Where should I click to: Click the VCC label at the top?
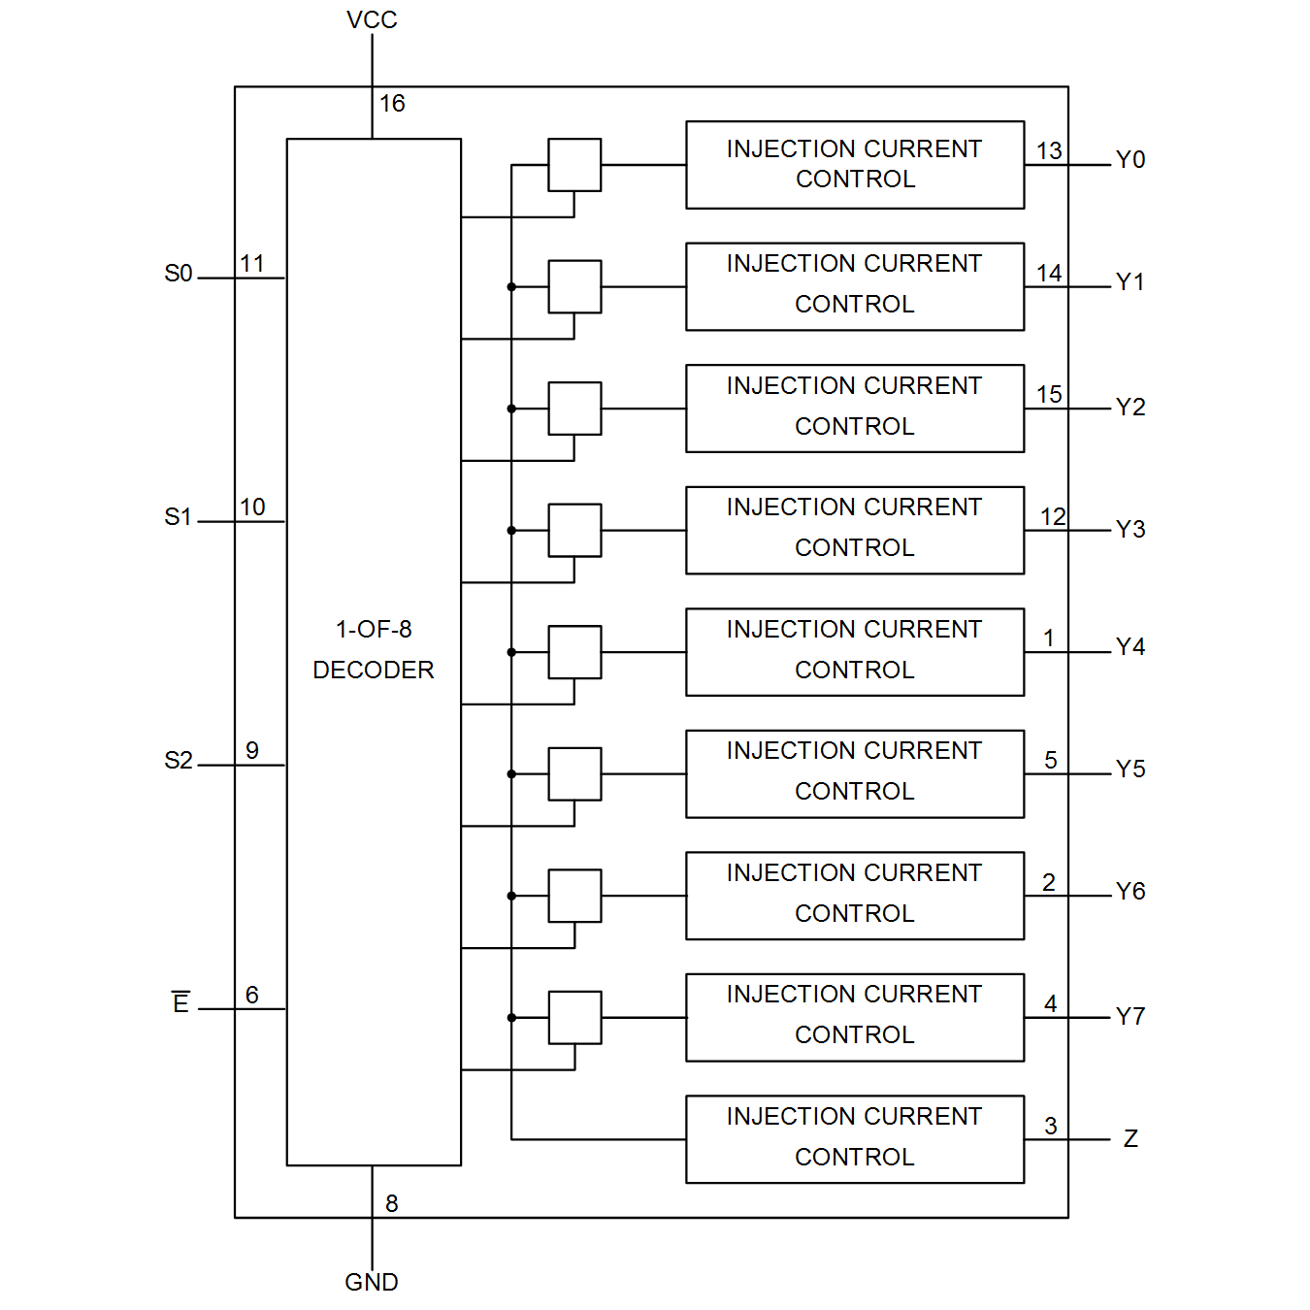point(372,20)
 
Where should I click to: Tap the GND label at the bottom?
point(372,1282)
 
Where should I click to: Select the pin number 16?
point(392,103)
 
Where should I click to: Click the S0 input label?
point(179,274)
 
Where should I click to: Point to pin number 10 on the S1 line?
point(252,507)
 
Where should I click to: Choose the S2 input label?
point(179,760)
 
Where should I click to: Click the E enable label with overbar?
point(180,1002)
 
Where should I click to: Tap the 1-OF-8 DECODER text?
point(374,649)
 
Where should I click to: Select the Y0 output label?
point(1130,159)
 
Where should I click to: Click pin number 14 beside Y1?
point(1049,273)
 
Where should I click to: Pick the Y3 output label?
point(1130,528)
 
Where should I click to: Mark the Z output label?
point(1130,1138)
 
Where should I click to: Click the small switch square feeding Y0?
point(574,165)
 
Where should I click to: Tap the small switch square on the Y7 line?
point(574,1017)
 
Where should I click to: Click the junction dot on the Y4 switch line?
point(511,652)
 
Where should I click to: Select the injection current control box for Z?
point(855,1138)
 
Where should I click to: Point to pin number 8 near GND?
point(392,1203)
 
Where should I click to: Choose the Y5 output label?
point(1130,769)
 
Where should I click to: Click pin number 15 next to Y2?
point(1049,394)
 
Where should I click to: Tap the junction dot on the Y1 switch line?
point(511,287)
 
